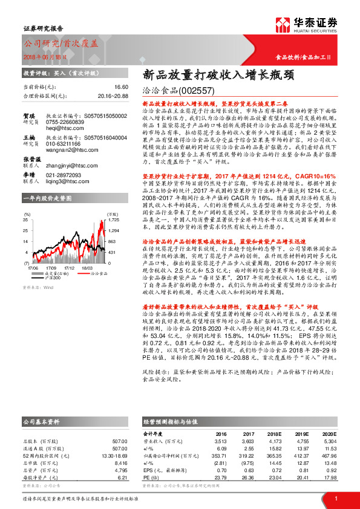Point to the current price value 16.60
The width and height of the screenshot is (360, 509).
coord(120,87)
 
